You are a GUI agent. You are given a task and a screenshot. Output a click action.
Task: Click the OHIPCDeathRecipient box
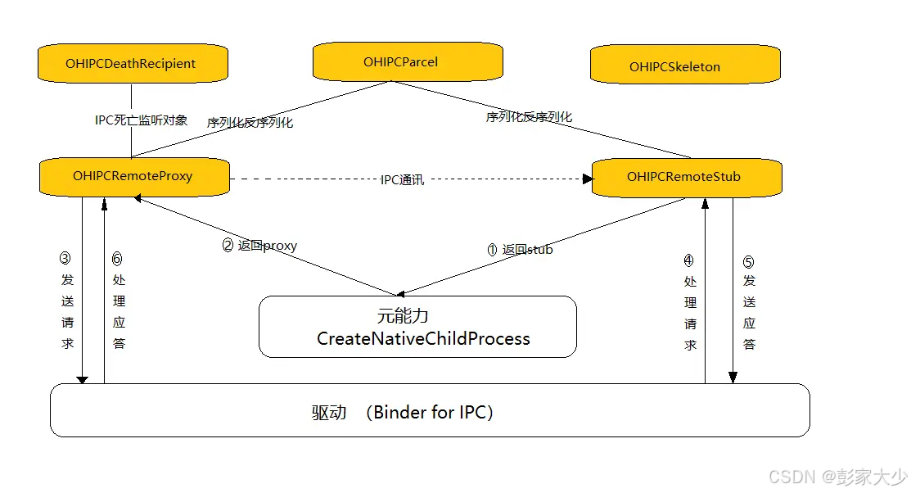click(x=131, y=64)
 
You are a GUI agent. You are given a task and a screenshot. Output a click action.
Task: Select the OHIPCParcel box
click(x=407, y=62)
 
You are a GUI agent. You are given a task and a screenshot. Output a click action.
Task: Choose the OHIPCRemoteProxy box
click(x=133, y=176)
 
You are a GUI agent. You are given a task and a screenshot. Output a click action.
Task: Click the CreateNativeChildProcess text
click(x=423, y=339)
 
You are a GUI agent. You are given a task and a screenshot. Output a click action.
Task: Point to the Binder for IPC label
click(x=433, y=413)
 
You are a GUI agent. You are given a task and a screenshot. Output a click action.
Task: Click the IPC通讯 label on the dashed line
click(x=402, y=179)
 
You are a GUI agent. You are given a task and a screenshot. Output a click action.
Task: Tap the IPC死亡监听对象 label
click(x=141, y=120)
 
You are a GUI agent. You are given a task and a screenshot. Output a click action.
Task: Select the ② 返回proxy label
click(x=260, y=246)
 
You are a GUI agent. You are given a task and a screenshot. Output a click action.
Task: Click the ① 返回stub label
click(x=520, y=250)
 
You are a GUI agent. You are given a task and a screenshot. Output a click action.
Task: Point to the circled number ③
click(x=66, y=258)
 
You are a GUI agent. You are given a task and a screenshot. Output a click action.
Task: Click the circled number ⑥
click(x=117, y=259)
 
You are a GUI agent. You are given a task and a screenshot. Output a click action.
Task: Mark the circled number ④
click(x=689, y=261)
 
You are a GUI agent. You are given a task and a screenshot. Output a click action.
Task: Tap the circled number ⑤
click(x=748, y=263)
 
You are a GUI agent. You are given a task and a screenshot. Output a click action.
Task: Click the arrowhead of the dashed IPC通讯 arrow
click(x=587, y=179)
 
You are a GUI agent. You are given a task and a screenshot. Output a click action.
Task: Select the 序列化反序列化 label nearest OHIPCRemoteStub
click(x=529, y=117)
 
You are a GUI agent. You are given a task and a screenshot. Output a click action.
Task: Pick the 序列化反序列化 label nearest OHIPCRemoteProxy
click(x=250, y=123)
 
